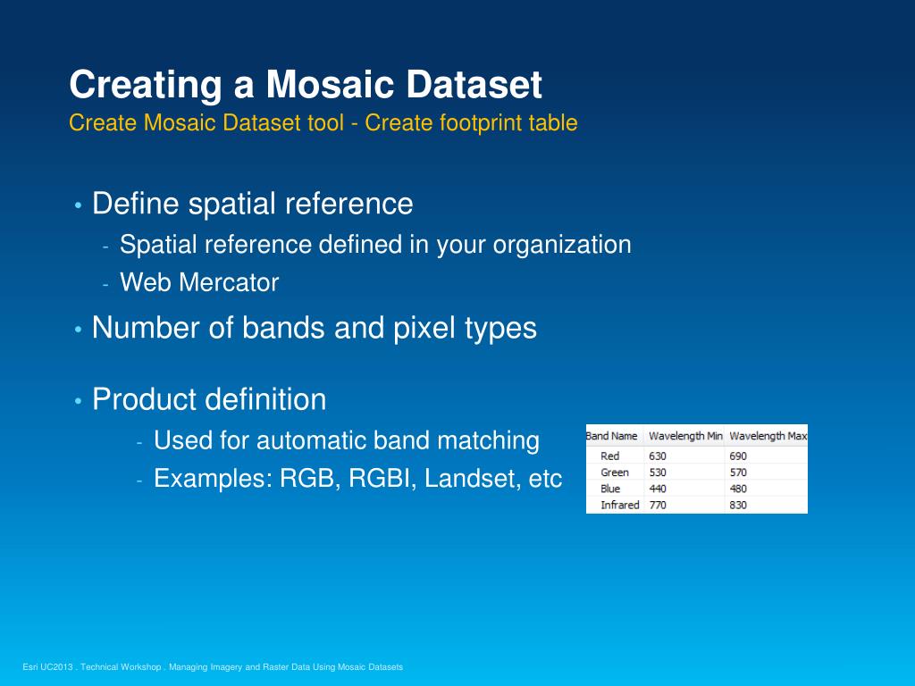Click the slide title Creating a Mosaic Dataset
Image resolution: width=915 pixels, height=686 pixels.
coord(306,86)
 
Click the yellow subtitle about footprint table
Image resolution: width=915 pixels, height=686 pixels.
coord(323,122)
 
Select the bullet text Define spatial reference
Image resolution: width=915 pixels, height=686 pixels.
coord(252,204)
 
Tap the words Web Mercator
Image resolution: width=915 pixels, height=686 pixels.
coord(199,283)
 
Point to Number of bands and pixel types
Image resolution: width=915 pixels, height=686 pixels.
coord(314,328)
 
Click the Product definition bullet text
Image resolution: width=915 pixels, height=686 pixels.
coord(209,398)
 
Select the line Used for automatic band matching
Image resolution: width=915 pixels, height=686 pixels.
coord(347,440)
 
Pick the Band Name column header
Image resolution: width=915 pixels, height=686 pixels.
coord(612,436)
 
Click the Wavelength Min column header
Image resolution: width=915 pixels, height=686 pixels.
coord(684,436)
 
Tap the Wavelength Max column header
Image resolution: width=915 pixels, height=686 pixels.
coord(768,436)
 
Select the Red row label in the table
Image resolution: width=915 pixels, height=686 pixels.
coord(610,456)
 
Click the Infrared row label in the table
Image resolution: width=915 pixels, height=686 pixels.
coord(620,506)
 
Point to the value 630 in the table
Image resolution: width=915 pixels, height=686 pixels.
coord(658,456)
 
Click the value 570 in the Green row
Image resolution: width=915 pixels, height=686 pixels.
coord(738,473)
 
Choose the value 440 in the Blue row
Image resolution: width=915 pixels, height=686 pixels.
coord(658,489)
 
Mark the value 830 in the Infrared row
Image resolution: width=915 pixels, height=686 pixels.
coord(738,506)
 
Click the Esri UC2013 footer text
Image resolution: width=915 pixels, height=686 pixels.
coord(213,667)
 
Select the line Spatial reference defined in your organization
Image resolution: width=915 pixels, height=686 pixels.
coord(375,244)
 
